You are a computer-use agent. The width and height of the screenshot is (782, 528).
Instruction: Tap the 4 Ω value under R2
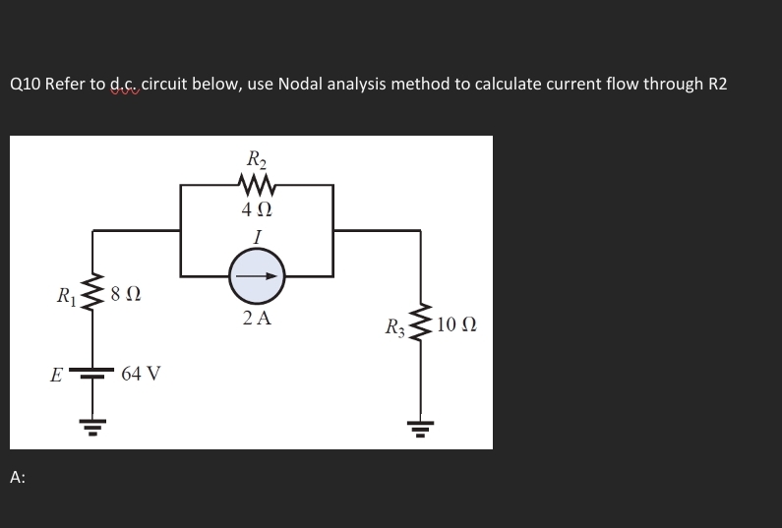click(257, 209)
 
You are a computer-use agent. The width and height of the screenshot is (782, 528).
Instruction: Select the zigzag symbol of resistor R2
click(257, 183)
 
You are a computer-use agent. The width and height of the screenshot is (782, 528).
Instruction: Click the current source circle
click(257, 276)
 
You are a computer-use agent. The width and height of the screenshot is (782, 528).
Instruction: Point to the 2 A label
click(257, 319)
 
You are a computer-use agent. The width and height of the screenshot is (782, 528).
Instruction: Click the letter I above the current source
click(257, 236)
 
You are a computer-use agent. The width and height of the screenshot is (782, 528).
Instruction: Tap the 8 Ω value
click(126, 292)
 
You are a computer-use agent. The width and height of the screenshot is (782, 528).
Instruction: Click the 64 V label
click(143, 374)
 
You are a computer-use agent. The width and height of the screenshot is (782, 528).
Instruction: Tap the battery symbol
click(94, 375)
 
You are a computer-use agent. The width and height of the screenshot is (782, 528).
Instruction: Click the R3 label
click(395, 325)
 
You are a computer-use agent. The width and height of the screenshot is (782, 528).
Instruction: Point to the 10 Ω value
click(455, 324)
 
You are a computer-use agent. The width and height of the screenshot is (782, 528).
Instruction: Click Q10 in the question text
click(26, 85)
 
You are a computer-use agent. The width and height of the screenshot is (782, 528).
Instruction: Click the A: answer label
click(18, 477)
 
